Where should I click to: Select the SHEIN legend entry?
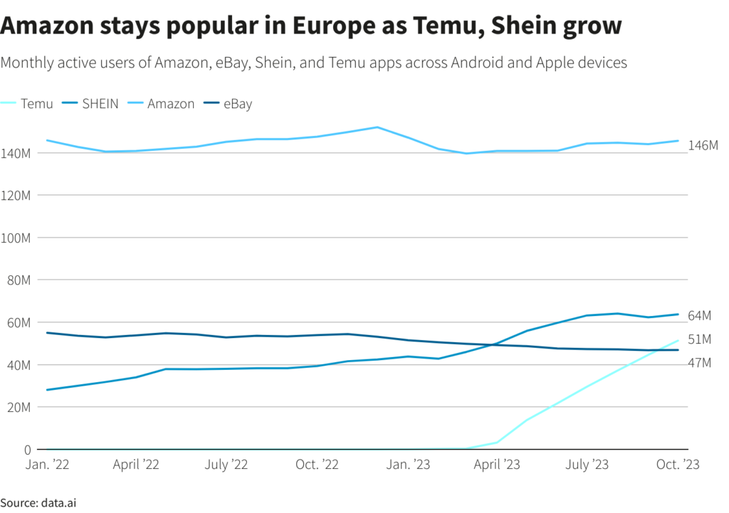click(100, 104)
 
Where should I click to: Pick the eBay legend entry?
click(237, 104)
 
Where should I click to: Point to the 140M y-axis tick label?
click(16, 153)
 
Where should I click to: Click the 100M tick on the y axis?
click(16, 238)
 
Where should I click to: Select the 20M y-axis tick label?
click(18, 408)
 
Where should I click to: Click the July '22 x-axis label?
click(226, 465)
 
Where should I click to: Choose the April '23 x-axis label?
click(498, 465)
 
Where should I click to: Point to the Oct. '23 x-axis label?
click(677, 465)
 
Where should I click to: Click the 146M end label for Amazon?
click(703, 145)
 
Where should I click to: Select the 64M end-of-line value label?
click(701, 315)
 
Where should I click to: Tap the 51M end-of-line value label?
click(701, 339)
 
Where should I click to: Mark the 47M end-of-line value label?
click(701, 364)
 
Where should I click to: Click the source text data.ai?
click(58, 503)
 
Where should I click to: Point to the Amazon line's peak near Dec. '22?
click(377, 127)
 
